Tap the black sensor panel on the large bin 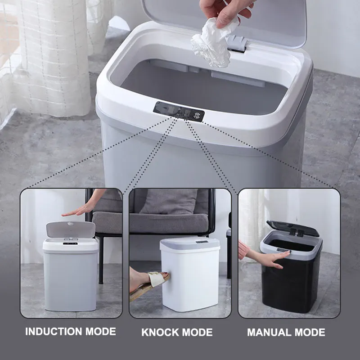178,112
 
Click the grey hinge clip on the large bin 237,43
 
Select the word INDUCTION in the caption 54,332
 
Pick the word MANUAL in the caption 269,332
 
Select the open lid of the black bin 293,229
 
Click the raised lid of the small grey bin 71,229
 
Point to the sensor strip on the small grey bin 70,243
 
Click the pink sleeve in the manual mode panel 243,250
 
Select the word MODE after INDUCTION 101,332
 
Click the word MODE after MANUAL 310,332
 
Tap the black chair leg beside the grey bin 101,260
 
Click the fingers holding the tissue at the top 224,13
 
